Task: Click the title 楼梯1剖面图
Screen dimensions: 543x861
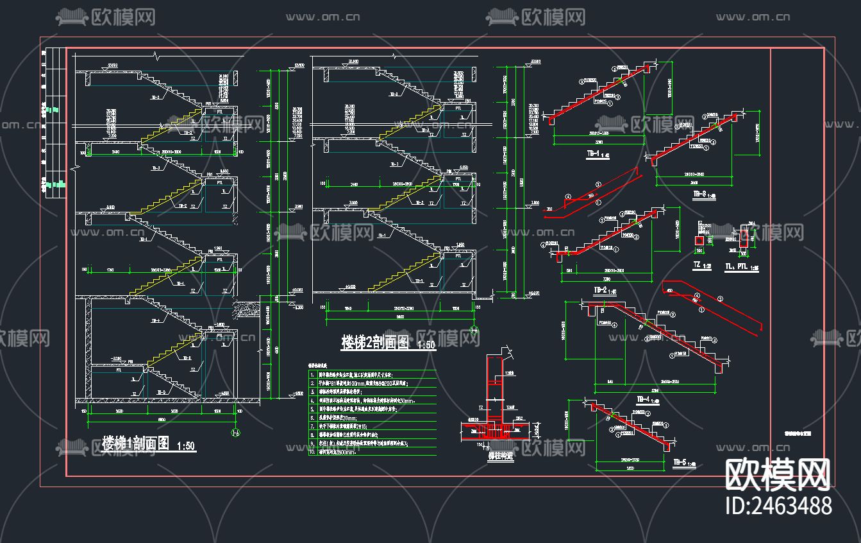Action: tap(135, 444)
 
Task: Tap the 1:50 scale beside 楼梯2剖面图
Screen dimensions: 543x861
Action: tap(426, 345)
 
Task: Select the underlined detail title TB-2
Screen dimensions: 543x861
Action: tap(600, 290)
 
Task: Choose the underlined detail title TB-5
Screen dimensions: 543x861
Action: tap(680, 461)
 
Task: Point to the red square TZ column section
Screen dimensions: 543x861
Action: tap(700, 240)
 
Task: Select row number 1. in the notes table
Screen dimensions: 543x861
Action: tap(312, 374)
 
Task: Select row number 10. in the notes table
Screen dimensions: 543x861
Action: tap(313, 452)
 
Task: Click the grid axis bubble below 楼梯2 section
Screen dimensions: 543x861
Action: tap(474, 330)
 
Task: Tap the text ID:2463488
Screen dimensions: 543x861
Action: tap(778, 505)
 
